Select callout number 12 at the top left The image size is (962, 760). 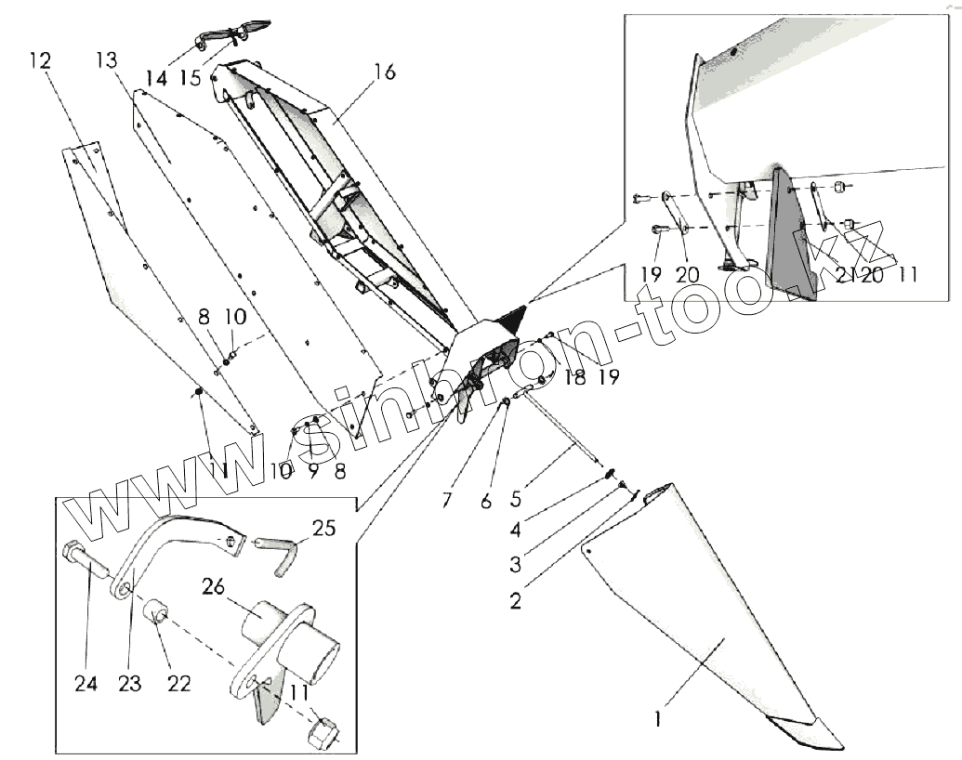tap(40, 61)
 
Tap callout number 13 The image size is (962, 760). tap(107, 61)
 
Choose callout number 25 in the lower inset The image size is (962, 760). tap(323, 530)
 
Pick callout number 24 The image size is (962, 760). tap(86, 684)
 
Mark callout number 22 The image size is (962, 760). tap(178, 683)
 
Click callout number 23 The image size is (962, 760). tap(129, 684)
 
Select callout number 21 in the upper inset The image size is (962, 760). tap(844, 274)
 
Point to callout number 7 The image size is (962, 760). tap(447, 501)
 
